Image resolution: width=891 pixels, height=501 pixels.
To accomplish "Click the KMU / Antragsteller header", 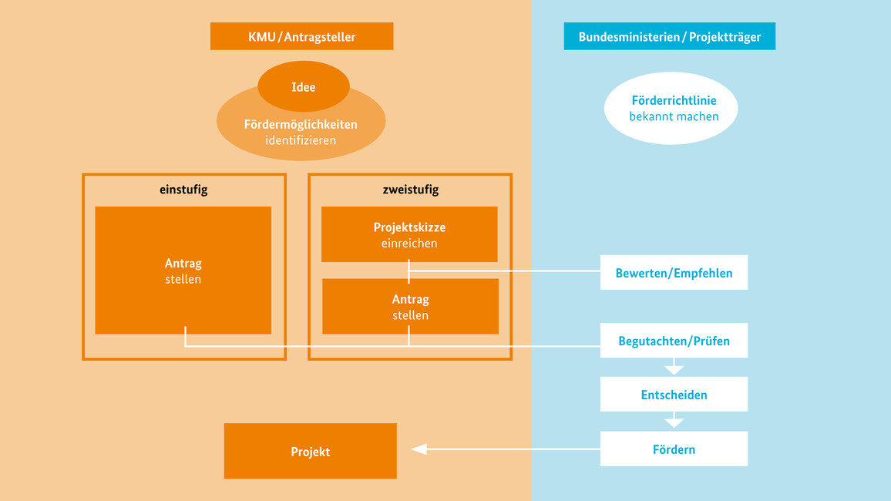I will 301,36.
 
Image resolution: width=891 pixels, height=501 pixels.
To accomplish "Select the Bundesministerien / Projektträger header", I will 669,36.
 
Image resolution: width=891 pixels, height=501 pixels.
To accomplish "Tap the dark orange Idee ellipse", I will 303,86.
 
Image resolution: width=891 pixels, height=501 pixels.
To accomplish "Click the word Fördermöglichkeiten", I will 301,124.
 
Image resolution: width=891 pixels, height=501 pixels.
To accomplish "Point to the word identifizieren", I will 301,140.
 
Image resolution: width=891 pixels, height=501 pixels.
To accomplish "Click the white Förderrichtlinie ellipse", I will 670,108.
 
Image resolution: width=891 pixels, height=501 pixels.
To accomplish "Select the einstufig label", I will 183,190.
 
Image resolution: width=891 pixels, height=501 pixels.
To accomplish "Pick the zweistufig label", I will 409,190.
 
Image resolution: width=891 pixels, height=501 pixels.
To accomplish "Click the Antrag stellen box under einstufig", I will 183,270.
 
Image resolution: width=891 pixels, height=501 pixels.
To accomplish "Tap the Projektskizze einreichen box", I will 409,234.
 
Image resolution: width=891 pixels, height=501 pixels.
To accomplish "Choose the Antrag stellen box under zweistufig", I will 410,306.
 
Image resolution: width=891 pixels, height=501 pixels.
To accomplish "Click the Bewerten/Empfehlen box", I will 674,273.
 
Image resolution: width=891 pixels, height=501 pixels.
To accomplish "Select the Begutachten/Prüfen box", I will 674,341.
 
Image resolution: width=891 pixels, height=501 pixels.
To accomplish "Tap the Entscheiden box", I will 674,395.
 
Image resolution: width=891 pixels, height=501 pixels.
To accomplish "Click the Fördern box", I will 674,449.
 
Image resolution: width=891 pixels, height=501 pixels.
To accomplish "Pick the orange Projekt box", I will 310,451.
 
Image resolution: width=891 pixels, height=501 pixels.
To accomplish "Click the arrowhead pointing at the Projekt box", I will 419,449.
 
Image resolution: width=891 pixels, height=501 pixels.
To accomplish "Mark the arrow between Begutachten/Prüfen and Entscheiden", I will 674,367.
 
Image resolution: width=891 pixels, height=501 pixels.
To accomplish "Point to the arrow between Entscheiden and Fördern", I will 674,421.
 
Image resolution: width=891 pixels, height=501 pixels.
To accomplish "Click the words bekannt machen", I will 674,117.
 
